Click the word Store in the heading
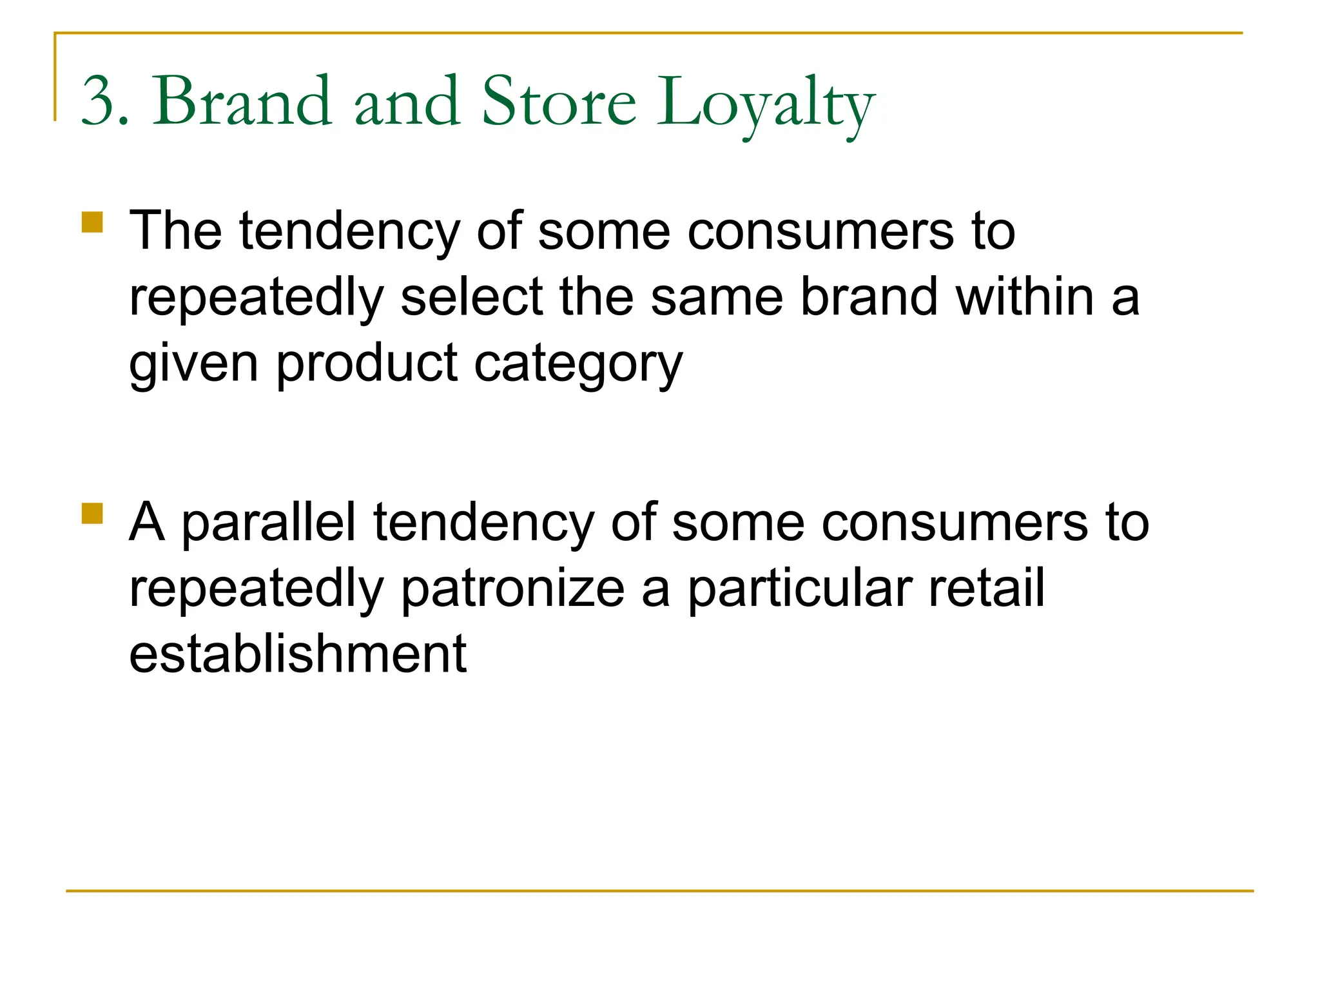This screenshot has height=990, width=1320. pos(559,101)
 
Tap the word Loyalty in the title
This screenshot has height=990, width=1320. pos(766,103)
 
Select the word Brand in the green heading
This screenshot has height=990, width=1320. pos(242,101)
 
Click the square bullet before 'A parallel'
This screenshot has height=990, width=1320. pos(93,514)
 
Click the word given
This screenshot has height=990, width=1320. pos(194,364)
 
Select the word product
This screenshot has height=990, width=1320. pos(367,364)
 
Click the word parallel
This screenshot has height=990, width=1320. pos(269,523)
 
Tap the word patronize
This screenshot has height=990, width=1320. pos(513,589)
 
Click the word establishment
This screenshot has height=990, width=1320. pos(298,654)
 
